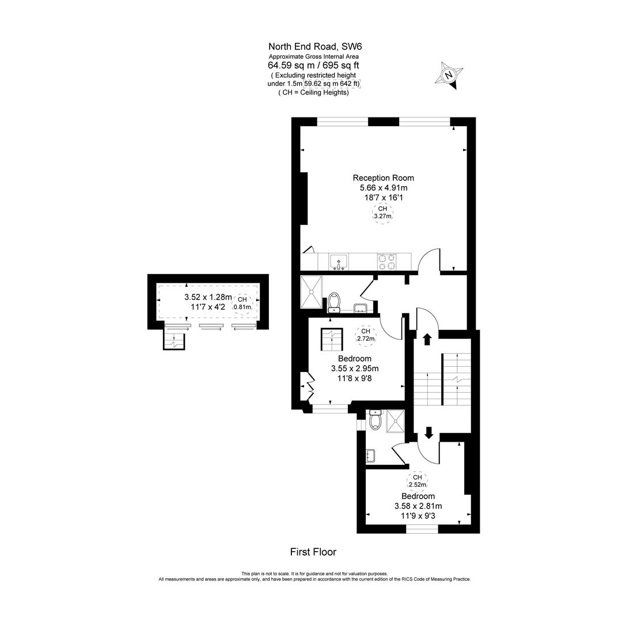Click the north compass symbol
point(451,75)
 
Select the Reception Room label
point(383,177)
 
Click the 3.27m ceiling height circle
point(383,213)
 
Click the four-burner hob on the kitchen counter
point(386,261)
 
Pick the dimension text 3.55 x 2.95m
point(355,369)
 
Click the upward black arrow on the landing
point(427,339)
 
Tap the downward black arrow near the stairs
point(428,432)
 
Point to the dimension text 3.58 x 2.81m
point(418,506)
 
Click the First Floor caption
point(313,552)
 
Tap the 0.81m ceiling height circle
point(242,303)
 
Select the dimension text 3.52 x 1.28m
point(208,297)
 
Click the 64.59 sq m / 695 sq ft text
point(314,65)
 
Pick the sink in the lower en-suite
point(370,456)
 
